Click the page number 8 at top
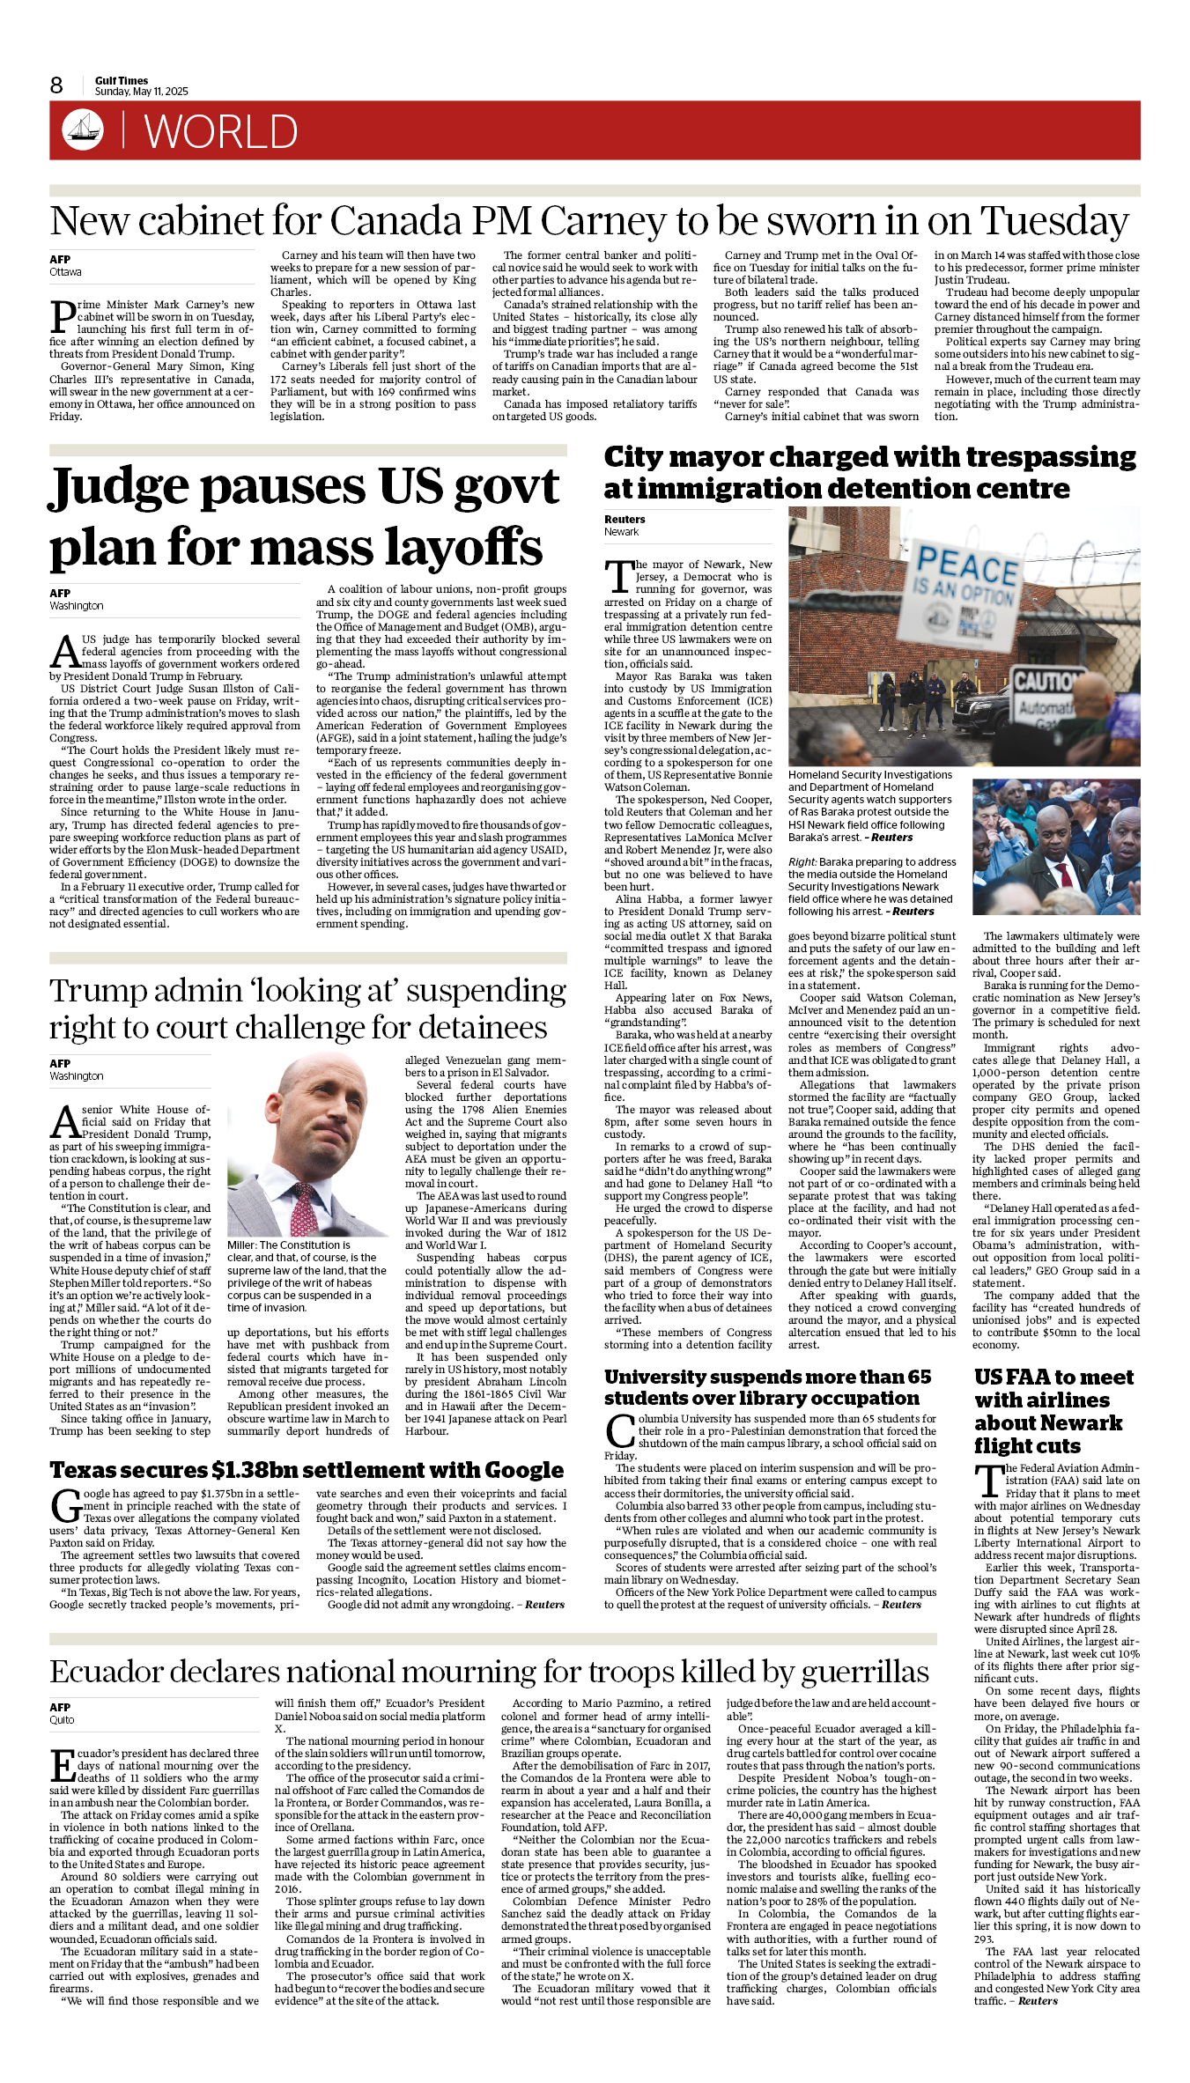pyautogui.click(x=56, y=85)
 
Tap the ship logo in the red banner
pyautogui.click(x=83, y=129)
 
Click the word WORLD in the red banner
pyautogui.click(x=221, y=132)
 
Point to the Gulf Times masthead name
pyautogui.click(x=122, y=80)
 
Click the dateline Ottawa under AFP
pyautogui.click(x=65, y=272)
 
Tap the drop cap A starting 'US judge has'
pyautogui.click(x=64, y=652)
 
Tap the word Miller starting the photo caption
pyautogui.click(x=242, y=1245)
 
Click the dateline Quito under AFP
pyautogui.click(x=62, y=1719)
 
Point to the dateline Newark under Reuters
pyautogui.click(x=621, y=532)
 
